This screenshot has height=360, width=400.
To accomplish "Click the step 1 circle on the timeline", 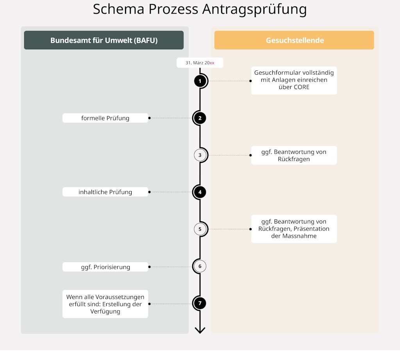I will [200, 81].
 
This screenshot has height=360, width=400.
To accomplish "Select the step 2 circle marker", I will [200, 118].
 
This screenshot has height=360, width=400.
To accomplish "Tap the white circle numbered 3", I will [200, 155].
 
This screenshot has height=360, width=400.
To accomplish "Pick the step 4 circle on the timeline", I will [200, 192].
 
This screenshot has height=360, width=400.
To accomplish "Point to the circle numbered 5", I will [200, 229].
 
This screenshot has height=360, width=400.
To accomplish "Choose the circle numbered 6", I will [200, 267].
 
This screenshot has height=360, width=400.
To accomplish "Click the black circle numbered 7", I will [200, 303].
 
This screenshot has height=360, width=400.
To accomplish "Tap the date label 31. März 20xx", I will [200, 63].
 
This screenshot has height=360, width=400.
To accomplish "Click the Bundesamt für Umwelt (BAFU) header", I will [104, 40].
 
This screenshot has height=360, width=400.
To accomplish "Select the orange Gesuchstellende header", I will [295, 40].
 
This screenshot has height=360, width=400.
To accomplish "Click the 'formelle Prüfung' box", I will [105, 118].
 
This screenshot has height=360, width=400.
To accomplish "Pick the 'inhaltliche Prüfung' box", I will [105, 192].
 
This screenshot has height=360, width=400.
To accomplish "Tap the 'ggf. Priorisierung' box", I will [105, 267].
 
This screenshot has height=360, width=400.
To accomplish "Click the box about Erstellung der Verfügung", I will [105, 304].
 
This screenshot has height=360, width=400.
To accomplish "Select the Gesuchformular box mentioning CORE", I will [294, 80].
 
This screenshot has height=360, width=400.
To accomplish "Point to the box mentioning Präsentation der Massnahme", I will [294, 229].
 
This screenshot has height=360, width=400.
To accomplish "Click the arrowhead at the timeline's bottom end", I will [200, 330].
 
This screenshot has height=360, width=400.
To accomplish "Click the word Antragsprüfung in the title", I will [254, 9].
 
